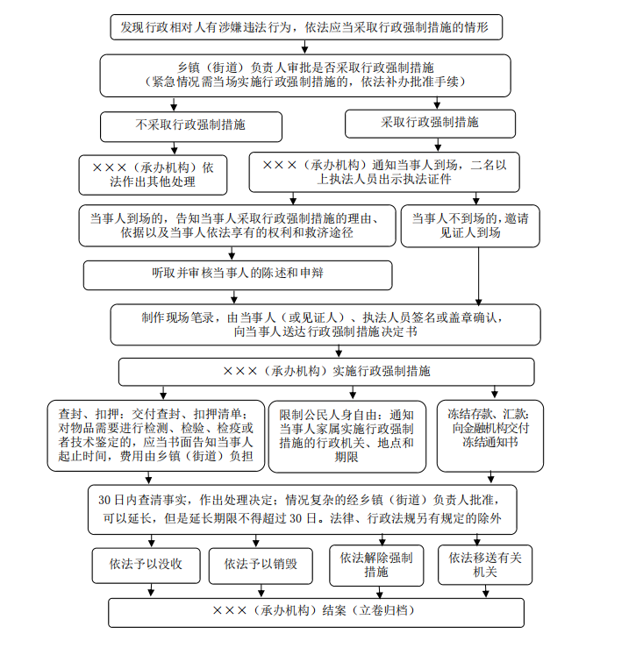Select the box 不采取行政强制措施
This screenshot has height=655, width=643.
coord(190,125)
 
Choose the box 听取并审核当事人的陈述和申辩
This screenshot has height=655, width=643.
coord(237,274)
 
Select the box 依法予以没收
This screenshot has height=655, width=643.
coord(146,564)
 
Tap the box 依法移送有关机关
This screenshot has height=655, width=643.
coord(485,565)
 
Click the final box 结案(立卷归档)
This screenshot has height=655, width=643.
coord(316,611)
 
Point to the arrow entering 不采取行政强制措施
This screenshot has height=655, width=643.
coord(174,104)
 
